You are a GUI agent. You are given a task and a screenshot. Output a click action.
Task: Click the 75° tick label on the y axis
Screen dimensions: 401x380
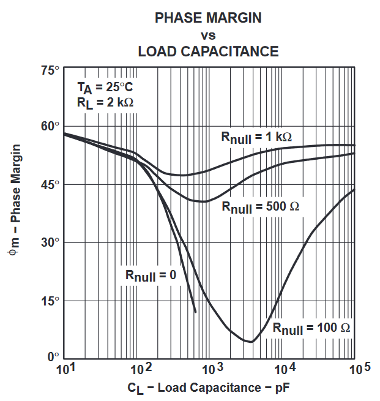point(50,70)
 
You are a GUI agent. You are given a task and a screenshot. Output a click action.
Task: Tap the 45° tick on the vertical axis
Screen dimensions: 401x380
point(50,184)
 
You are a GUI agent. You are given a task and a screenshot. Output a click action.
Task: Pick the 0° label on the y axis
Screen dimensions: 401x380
point(53,356)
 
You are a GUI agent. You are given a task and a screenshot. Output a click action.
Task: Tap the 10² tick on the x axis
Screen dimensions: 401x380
point(141,369)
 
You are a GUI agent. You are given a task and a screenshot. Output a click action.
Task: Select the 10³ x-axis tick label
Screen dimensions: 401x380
point(212,369)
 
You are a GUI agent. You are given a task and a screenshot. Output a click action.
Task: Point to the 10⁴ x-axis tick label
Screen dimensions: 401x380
point(284,369)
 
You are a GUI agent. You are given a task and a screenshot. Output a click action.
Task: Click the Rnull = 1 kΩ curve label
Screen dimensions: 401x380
point(256,137)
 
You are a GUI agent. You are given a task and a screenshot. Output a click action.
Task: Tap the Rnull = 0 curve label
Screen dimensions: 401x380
point(151,275)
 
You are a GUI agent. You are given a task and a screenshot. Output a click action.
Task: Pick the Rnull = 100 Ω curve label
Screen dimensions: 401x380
point(311,328)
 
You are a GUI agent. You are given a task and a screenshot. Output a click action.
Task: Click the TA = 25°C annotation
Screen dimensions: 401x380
point(105,87)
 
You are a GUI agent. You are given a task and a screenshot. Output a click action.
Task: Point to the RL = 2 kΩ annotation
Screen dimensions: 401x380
point(105,103)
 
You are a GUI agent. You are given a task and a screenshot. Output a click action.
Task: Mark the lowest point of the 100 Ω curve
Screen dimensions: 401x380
point(250,342)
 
